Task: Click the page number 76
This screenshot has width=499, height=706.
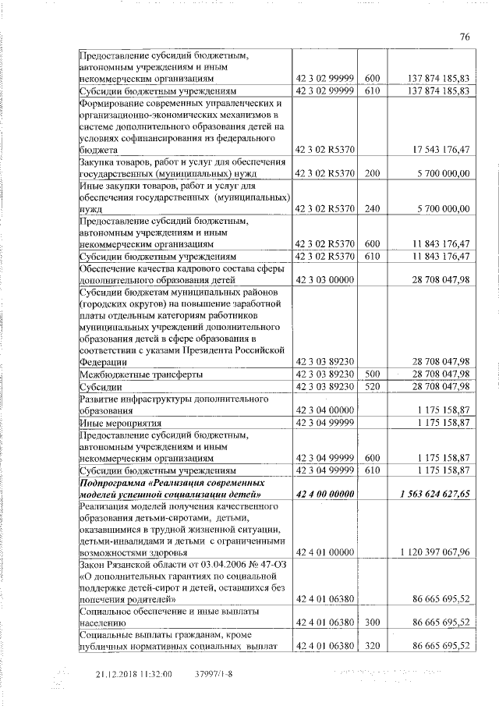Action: point(465,37)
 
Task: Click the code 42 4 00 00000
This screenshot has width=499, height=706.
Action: point(323,495)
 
